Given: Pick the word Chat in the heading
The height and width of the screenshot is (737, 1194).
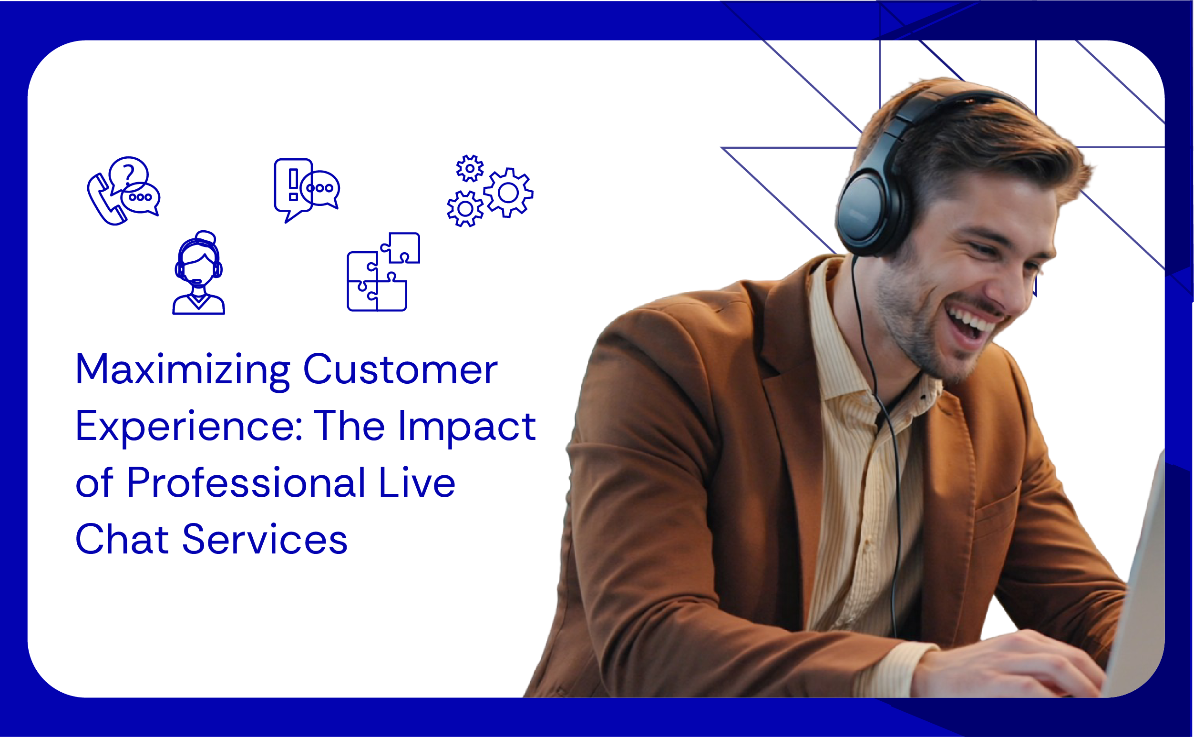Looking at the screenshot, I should click(122, 540).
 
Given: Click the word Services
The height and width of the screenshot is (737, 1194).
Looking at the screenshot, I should click(265, 540).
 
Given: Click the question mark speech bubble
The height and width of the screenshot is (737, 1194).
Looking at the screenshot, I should click(128, 173).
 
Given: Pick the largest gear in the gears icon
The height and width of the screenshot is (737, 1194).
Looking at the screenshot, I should click(508, 193).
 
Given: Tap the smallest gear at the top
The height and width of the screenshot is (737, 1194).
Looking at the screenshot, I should click(470, 169).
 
